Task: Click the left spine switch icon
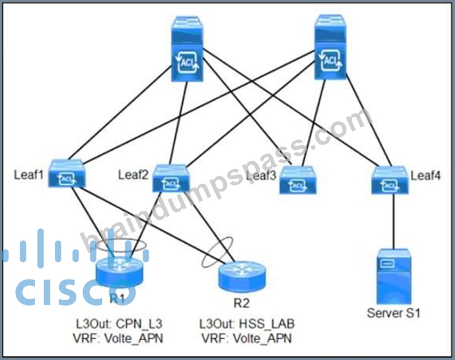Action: [x=186, y=49]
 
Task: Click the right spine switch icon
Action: [x=330, y=47]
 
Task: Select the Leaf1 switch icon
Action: [x=67, y=173]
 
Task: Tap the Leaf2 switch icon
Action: [x=170, y=179]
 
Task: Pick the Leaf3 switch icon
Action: [x=297, y=180]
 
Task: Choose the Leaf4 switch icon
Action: [x=389, y=180]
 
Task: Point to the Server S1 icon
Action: [x=394, y=277]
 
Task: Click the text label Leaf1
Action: [x=28, y=174]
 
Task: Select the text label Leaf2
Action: [x=133, y=175]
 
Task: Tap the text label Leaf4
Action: [x=425, y=175]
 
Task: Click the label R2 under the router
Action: [x=241, y=303]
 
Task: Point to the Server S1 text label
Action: [x=394, y=313]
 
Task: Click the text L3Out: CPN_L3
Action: [x=119, y=324]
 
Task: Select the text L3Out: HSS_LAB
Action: [x=247, y=324]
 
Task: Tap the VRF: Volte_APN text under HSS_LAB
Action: [x=247, y=339]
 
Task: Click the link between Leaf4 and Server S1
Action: [x=394, y=221]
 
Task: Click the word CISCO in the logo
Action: [x=76, y=292]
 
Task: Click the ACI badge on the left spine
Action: [x=186, y=62]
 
